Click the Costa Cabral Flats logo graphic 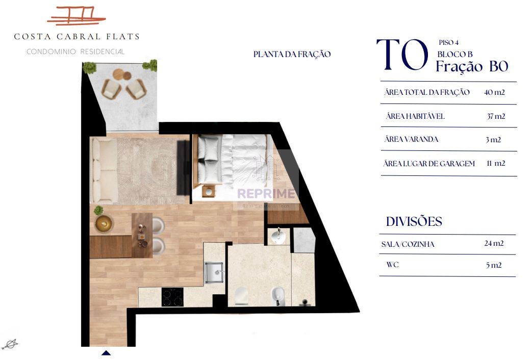coord(76,16)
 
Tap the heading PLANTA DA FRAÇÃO coord(292,54)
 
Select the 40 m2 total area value coord(494,92)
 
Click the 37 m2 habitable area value coord(496,116)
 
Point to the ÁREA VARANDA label coord(411,139)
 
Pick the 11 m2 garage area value coord(496,163)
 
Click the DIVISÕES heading coord(414,221)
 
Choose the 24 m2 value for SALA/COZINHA coord(494,243)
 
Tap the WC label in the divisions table coord(392,265)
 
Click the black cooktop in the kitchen coord(172,297)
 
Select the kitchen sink coord(214,272)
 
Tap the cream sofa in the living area coord(103,169)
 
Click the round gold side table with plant coord(104,223)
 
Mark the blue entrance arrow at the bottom coord(106,353)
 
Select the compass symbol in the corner coord(10,344)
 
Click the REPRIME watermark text coord(266,194)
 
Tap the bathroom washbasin coord(278,236)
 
